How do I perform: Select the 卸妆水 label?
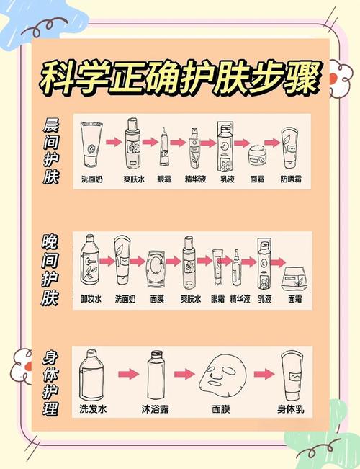tap(93, 298)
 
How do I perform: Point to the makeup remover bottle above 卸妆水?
tap(91, 260)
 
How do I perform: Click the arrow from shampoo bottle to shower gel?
tap(127, 375)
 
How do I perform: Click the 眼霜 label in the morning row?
tap(164, 177)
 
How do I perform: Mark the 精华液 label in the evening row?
tap(239, 298)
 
